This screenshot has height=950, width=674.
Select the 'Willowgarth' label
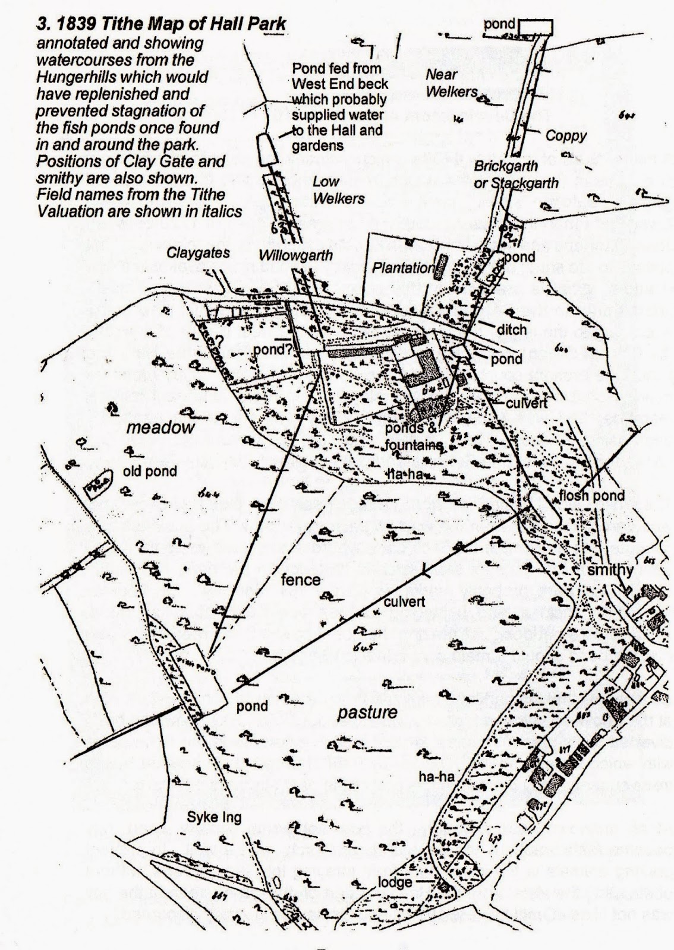click(295, 255)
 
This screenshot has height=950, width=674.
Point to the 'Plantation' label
click(404, 268)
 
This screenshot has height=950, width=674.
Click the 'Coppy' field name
click(566, 135)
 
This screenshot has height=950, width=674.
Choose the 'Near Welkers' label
click(451, 83)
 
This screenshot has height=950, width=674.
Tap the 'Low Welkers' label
click(338, 190)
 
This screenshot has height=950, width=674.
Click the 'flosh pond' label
click(592, 496)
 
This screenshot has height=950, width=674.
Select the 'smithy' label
click(609, 570)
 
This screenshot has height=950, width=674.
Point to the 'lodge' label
click(395, 882)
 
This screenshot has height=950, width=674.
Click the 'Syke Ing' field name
click(215, 818)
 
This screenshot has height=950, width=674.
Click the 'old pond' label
click(150, 471)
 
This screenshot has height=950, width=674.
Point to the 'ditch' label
click(512, 330)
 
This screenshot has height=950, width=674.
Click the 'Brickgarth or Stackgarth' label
click(515, 175)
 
